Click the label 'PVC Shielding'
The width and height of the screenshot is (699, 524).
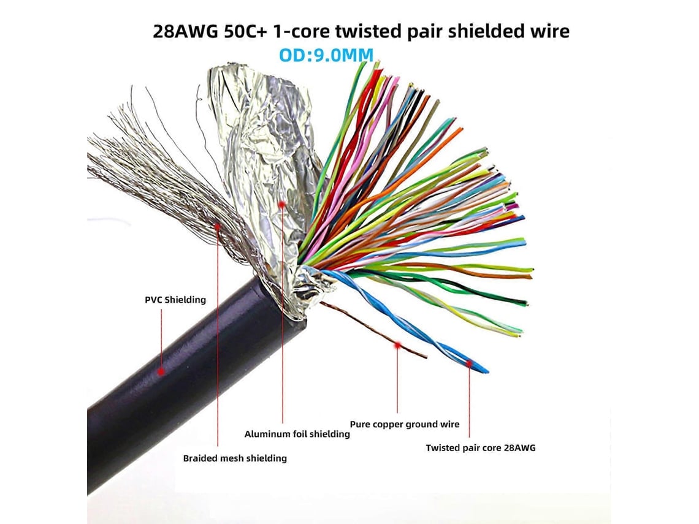pyautogui.click(x=175, y=300)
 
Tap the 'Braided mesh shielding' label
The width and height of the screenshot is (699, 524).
pyautogui.click(x=235, y=458)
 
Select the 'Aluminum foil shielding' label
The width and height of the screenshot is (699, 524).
pyautogui.click(x=297, y=434)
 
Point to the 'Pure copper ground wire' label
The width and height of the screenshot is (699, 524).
pyautogui.click(x=404, y=424)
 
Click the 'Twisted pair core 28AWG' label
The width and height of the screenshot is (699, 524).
pyautogui.click(x=481, y=448)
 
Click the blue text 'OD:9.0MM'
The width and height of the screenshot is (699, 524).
pyautogui.click(x=326, y=55)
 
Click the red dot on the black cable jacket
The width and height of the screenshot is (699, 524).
pyautogui.click(x=161, y=371)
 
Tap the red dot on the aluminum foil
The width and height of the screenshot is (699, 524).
pyautogui.click(x=281, y=205)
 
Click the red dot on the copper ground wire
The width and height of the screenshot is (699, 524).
pyautogui.click(x=397, y=345)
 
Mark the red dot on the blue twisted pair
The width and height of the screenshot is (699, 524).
pyautogui.click(x=470, y=363)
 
